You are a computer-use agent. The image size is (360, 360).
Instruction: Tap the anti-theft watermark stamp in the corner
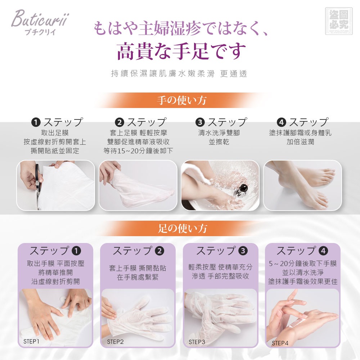tap(339, 21)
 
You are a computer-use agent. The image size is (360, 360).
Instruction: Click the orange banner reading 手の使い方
tap(181, 100)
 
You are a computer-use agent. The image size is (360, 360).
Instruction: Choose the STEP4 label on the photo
tap(280, 343)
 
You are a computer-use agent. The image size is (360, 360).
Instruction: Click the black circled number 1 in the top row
tap(36, 122)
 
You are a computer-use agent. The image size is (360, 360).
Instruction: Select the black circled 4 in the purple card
tap(323, 251)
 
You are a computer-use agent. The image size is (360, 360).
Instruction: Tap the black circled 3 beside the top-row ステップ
tap(200, 122)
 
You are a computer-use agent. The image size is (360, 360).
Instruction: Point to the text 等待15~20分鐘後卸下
tap(138, 151)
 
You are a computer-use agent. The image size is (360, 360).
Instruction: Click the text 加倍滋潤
tap(300, 142)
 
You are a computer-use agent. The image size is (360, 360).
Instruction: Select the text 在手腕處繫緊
tap(138, 277)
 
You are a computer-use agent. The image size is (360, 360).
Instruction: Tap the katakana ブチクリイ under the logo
tap(40, 32)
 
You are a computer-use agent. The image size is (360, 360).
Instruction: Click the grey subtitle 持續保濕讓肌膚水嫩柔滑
tap(163, 74)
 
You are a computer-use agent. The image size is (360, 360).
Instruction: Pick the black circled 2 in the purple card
tap(159, 251)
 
